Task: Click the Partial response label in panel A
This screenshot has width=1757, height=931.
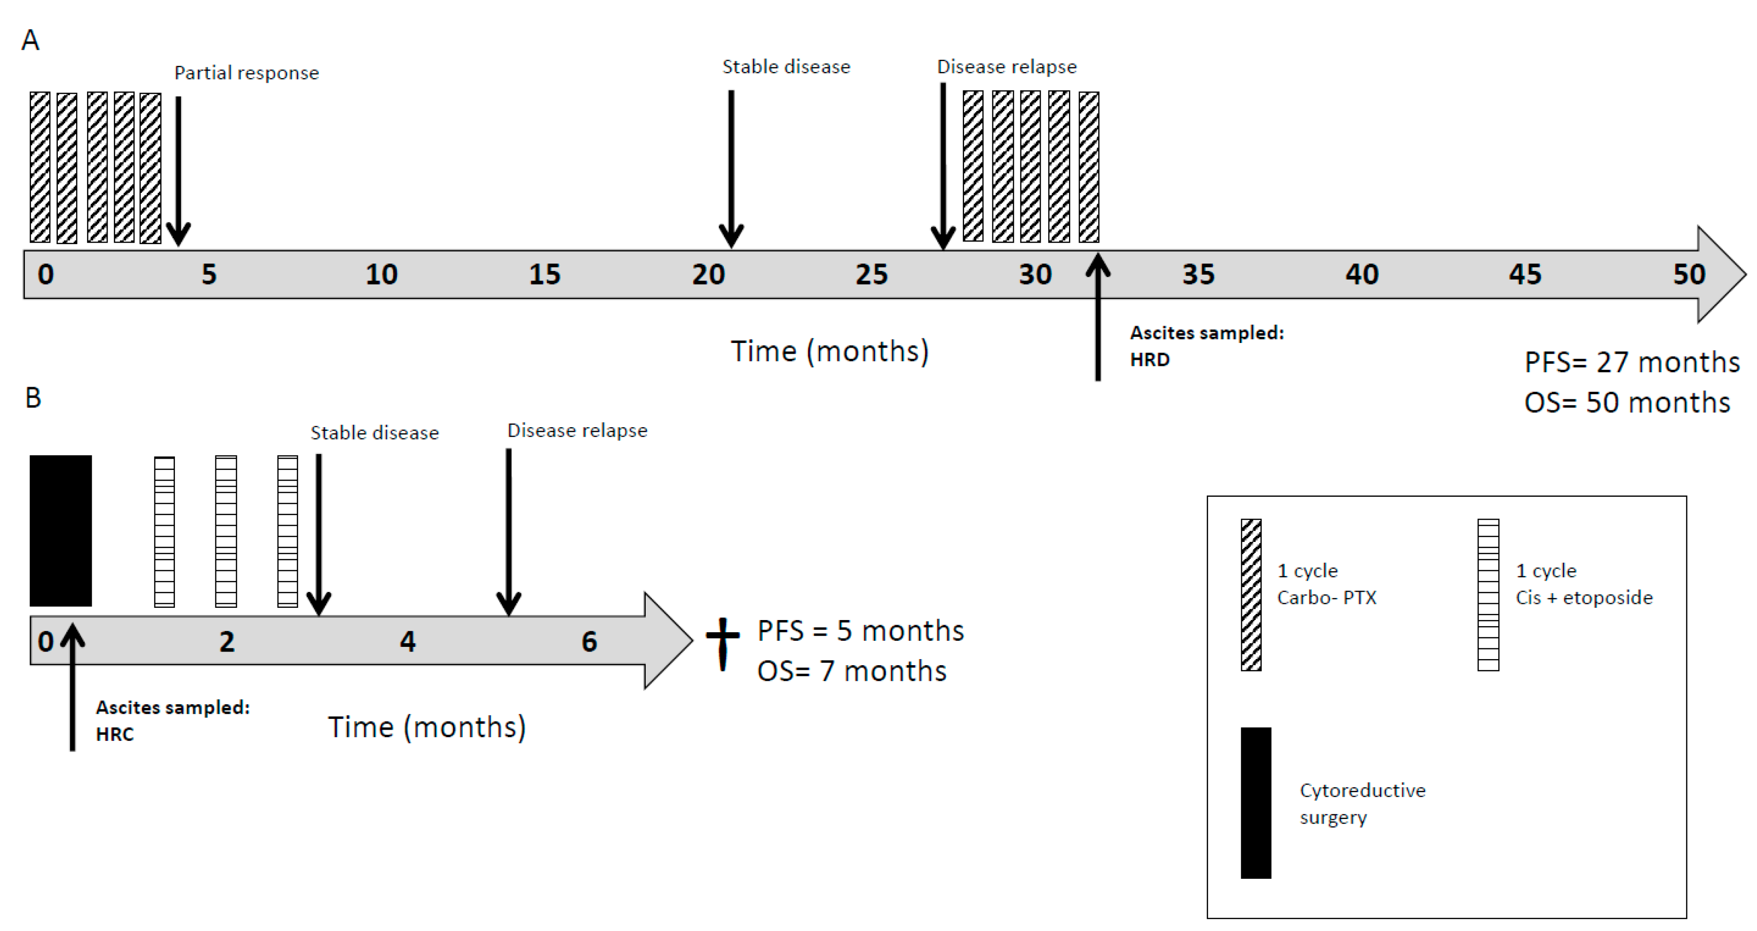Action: tap(246, 73)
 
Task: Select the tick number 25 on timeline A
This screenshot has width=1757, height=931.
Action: tap(871, 275)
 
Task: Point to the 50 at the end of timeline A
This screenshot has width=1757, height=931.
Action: tap(1689, 275)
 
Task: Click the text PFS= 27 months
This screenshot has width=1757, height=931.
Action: tap(1631, 362)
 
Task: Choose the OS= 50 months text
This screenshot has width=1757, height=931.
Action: tap(1627, 402)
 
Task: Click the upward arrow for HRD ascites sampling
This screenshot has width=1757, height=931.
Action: tap(1098, 317)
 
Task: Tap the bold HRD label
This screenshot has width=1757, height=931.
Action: tap(1149, 359)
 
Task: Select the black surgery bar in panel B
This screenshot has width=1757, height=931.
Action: tap(61, 531)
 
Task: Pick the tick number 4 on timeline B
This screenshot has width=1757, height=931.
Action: tap(407, 642)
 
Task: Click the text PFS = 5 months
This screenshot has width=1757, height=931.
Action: tap(860, 631)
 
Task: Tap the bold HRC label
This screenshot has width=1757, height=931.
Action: tap(115, 734)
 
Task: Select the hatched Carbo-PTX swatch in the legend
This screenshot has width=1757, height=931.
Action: tap(1251, 595)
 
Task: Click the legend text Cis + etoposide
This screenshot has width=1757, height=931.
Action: tap(1584, 598)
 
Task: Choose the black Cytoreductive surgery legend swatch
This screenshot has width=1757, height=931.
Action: tap(1256, 803)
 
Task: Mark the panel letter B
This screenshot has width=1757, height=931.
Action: tap(33, 398)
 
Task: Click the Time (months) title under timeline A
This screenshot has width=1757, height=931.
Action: tap(830, 352)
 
